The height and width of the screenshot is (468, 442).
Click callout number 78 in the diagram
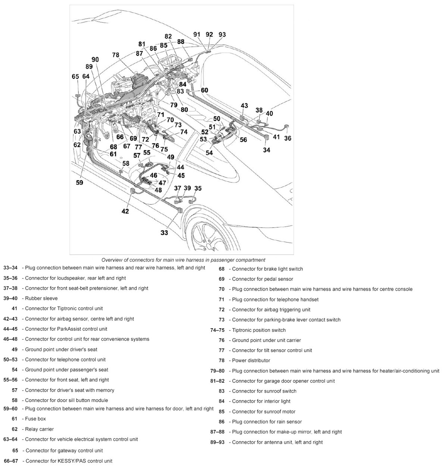tap(116, 55)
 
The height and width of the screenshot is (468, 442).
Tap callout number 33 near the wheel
tap(164, 233)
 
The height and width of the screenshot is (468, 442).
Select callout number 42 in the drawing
tap(125, 211)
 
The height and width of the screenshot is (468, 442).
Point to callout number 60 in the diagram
tap(204, 90)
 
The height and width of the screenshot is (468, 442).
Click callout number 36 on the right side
tap(288, 138)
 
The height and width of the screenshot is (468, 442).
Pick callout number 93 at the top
tap(222, 34)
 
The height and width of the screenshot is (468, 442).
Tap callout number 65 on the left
tap(75, 76)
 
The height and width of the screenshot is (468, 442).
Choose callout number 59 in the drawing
tap(79, 182)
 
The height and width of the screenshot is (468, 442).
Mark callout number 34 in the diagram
tap(267, 150)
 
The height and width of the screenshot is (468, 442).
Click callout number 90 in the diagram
tap(95, 60)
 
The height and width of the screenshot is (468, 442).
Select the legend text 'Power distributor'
tap(251, 361)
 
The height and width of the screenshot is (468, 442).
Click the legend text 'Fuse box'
tap(35, 419)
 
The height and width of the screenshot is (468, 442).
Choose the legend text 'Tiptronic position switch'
tap(258, 330)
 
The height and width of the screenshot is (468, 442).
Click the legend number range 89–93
tap(217, 442)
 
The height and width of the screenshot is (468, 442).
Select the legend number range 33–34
tap(10, 268)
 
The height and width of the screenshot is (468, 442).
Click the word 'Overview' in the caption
tap(112, 260)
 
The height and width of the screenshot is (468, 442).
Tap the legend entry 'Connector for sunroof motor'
tap(263, 412)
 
